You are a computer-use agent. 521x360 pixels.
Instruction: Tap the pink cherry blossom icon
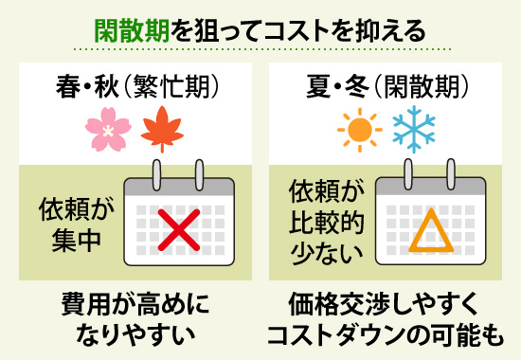pyautogui.click(x=106, y=131)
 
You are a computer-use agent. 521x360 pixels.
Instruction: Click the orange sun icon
pyautogui.click(x=358, y=130)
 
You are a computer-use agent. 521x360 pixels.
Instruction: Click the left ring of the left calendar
pyautogui.click(x=151, y=174)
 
